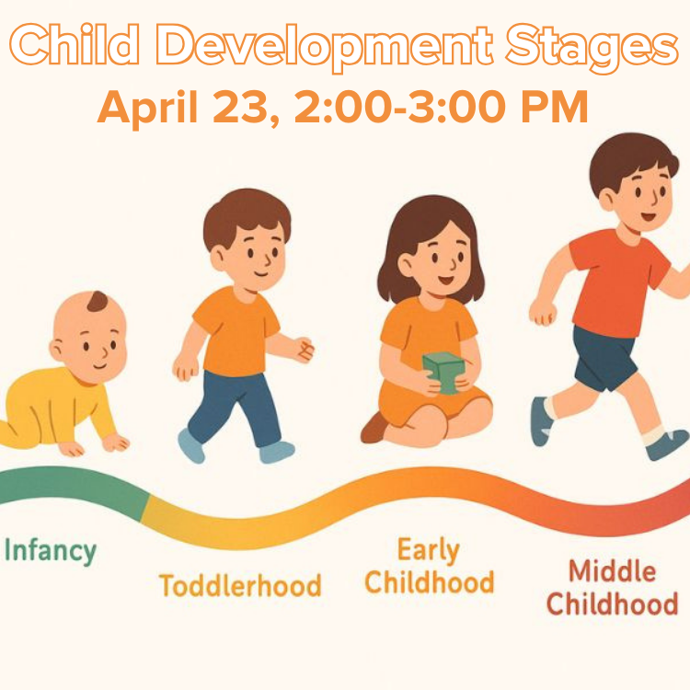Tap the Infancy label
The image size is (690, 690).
click(x=51, y=551)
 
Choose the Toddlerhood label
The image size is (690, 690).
click(x=240, y=585)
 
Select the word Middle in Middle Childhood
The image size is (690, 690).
click(x=612, y=571)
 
